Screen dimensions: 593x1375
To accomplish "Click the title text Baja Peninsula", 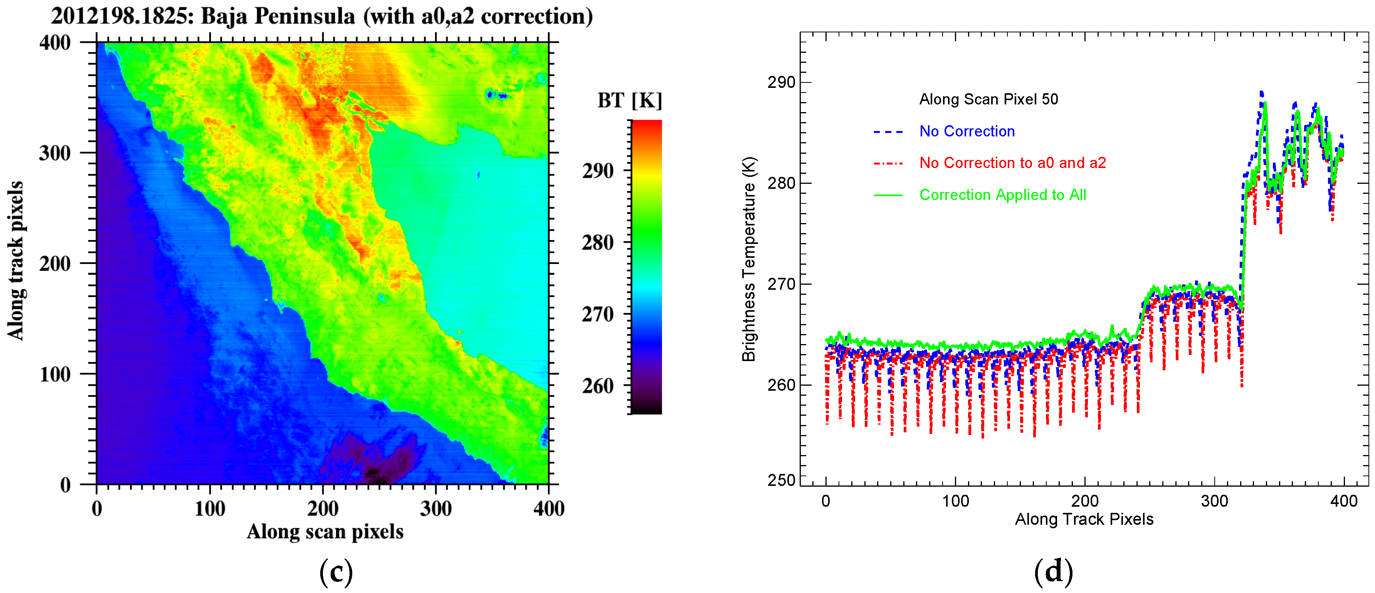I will click(277, 16).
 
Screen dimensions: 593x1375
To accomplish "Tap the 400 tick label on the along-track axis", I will click(55, 43).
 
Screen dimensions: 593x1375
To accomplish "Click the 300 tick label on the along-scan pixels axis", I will click(435, 508).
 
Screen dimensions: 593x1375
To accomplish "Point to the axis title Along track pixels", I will click(16, 260).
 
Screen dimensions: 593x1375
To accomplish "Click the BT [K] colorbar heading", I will click(629, 100).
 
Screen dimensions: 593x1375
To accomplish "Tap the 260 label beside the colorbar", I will click(598, 386).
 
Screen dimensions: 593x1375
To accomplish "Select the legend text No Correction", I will click(967, 131).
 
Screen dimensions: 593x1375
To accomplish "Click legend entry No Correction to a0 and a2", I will click(1013, 163).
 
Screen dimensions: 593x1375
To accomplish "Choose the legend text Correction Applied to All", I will click(1002, 195).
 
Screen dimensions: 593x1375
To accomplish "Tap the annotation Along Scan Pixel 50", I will click(988, 99).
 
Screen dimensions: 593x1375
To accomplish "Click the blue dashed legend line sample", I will click(888, 132).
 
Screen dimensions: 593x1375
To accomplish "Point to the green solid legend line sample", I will click(888, 195).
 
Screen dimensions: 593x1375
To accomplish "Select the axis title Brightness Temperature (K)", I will click(750, 259).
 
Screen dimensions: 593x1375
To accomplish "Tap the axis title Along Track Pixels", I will click(1084, 519).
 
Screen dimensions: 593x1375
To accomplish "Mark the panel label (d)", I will click(1053, 572).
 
